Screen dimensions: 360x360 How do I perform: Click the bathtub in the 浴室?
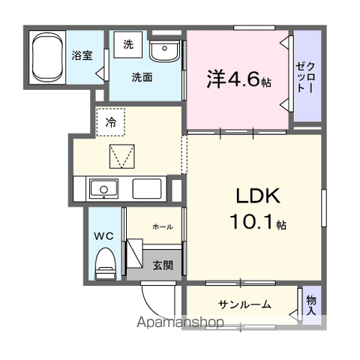click(x=47, y=57)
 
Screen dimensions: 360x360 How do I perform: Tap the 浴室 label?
click(x=82, y=55)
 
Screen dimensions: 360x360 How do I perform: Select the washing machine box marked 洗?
click(x=128, y=45)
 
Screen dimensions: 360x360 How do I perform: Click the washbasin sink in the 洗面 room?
click(x=164, y=50)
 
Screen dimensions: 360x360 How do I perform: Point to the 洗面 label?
click(x=142, y=77)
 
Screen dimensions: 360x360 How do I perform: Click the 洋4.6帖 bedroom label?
click(x=238, y=79)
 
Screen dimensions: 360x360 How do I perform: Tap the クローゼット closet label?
click(x=305, y=77)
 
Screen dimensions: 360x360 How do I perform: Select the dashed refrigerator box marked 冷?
click(x=111, y=122)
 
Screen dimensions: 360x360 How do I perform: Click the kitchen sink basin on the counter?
click(x=103, y=189)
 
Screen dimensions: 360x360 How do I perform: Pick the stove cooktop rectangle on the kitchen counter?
click(x=147, y=189)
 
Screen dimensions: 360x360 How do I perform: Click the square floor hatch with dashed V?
click(x=122, y=156)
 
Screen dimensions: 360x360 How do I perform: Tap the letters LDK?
click(x=258, y=196)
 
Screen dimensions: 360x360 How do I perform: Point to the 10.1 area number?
click(x=250, y=222)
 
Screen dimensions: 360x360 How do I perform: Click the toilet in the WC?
click(x=106, y=264)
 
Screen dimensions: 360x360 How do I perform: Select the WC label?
click(x=103, y=236)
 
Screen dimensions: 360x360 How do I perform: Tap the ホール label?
click(x=163, y=227)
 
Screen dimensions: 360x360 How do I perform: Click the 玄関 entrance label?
click(x=163, y=265)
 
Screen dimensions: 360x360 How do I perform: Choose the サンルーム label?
click(x=244, y=304)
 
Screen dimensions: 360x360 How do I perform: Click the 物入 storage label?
click(x=311, y=305)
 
